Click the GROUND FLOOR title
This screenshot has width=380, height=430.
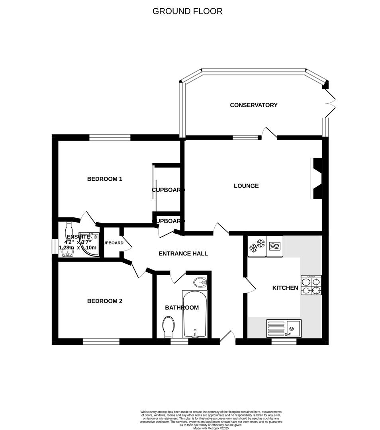click(187, 11)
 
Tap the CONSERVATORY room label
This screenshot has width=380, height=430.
click(253, 105)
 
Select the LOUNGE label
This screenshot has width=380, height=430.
click(246, 186)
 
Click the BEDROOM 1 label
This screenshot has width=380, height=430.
click(104, 179)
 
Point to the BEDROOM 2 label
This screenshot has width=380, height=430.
click(104, 301)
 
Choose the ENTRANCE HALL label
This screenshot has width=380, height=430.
click(183, 254)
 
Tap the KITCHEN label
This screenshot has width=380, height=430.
click(285, 288)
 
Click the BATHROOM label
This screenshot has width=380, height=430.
click(182, 308)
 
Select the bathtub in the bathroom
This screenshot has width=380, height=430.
click(195, 314)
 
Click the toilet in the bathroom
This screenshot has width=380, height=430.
click(169, 326)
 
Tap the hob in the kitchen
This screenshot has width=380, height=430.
click(311, 285)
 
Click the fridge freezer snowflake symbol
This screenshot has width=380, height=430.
click(257, 246)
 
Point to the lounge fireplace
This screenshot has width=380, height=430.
click(317, 178)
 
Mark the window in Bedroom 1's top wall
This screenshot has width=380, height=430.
click(110, 138)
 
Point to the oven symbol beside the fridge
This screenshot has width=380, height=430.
click(275, 246)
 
